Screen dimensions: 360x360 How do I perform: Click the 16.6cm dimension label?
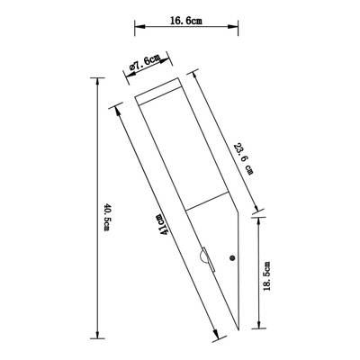tap(186, 21)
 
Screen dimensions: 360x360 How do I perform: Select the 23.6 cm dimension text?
tap(243, 159)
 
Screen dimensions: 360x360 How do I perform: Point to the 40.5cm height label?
tap(107, 217)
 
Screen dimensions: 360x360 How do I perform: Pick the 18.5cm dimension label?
tap(266, 276)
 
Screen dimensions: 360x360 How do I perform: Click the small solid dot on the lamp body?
tap(232, 257)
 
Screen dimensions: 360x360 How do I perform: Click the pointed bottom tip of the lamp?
tap(238, 330)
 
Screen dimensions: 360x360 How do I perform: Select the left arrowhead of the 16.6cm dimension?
tap(139, 26)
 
